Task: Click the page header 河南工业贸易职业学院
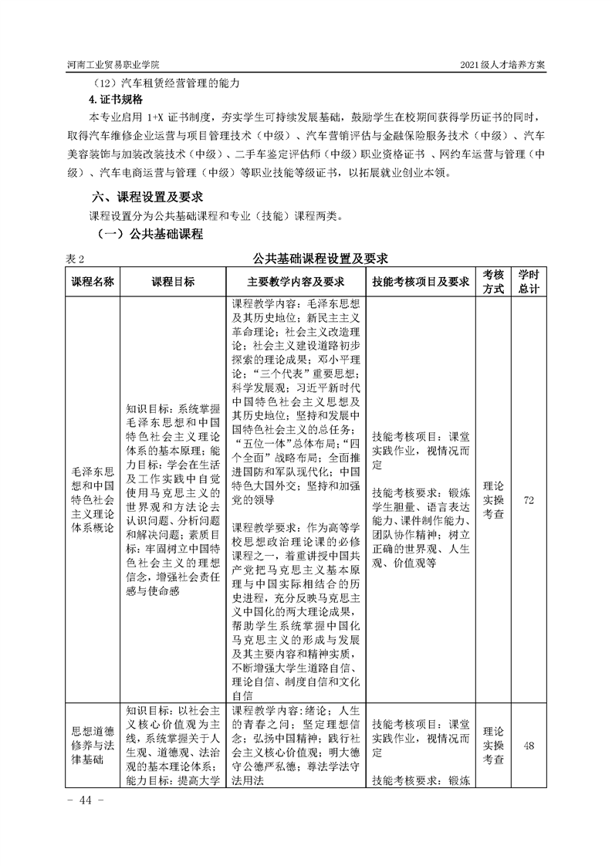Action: click(113, 65)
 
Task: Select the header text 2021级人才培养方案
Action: click(502, 65)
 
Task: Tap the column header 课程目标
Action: click(173, 282)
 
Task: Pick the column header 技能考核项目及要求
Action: click(420, 282)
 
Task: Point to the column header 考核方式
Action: click(493, 282)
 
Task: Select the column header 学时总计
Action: click(529, 282)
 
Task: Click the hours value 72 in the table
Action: click(529, 501)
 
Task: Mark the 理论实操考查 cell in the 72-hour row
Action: click(493, 501)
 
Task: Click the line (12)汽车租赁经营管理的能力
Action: click(166, 83)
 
